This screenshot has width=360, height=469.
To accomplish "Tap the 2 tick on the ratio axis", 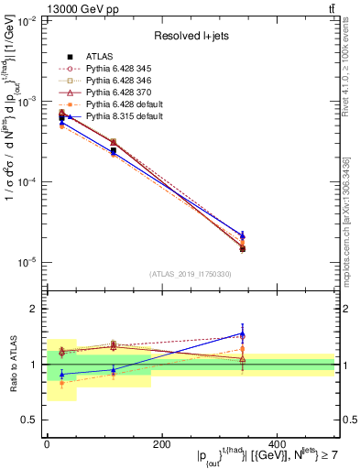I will [35, 310].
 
